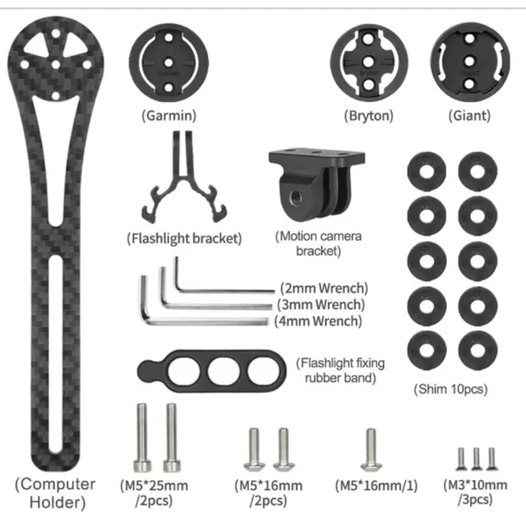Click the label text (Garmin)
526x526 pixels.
pos(168,116)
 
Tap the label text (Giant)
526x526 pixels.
pos(469,116)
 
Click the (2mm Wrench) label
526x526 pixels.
pos(323,288)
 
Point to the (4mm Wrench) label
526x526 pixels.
pos(318,320)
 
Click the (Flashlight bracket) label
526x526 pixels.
pos(185,239)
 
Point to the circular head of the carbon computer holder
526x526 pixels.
pos(54,60)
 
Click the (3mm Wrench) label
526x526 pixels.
pos(321,304)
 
